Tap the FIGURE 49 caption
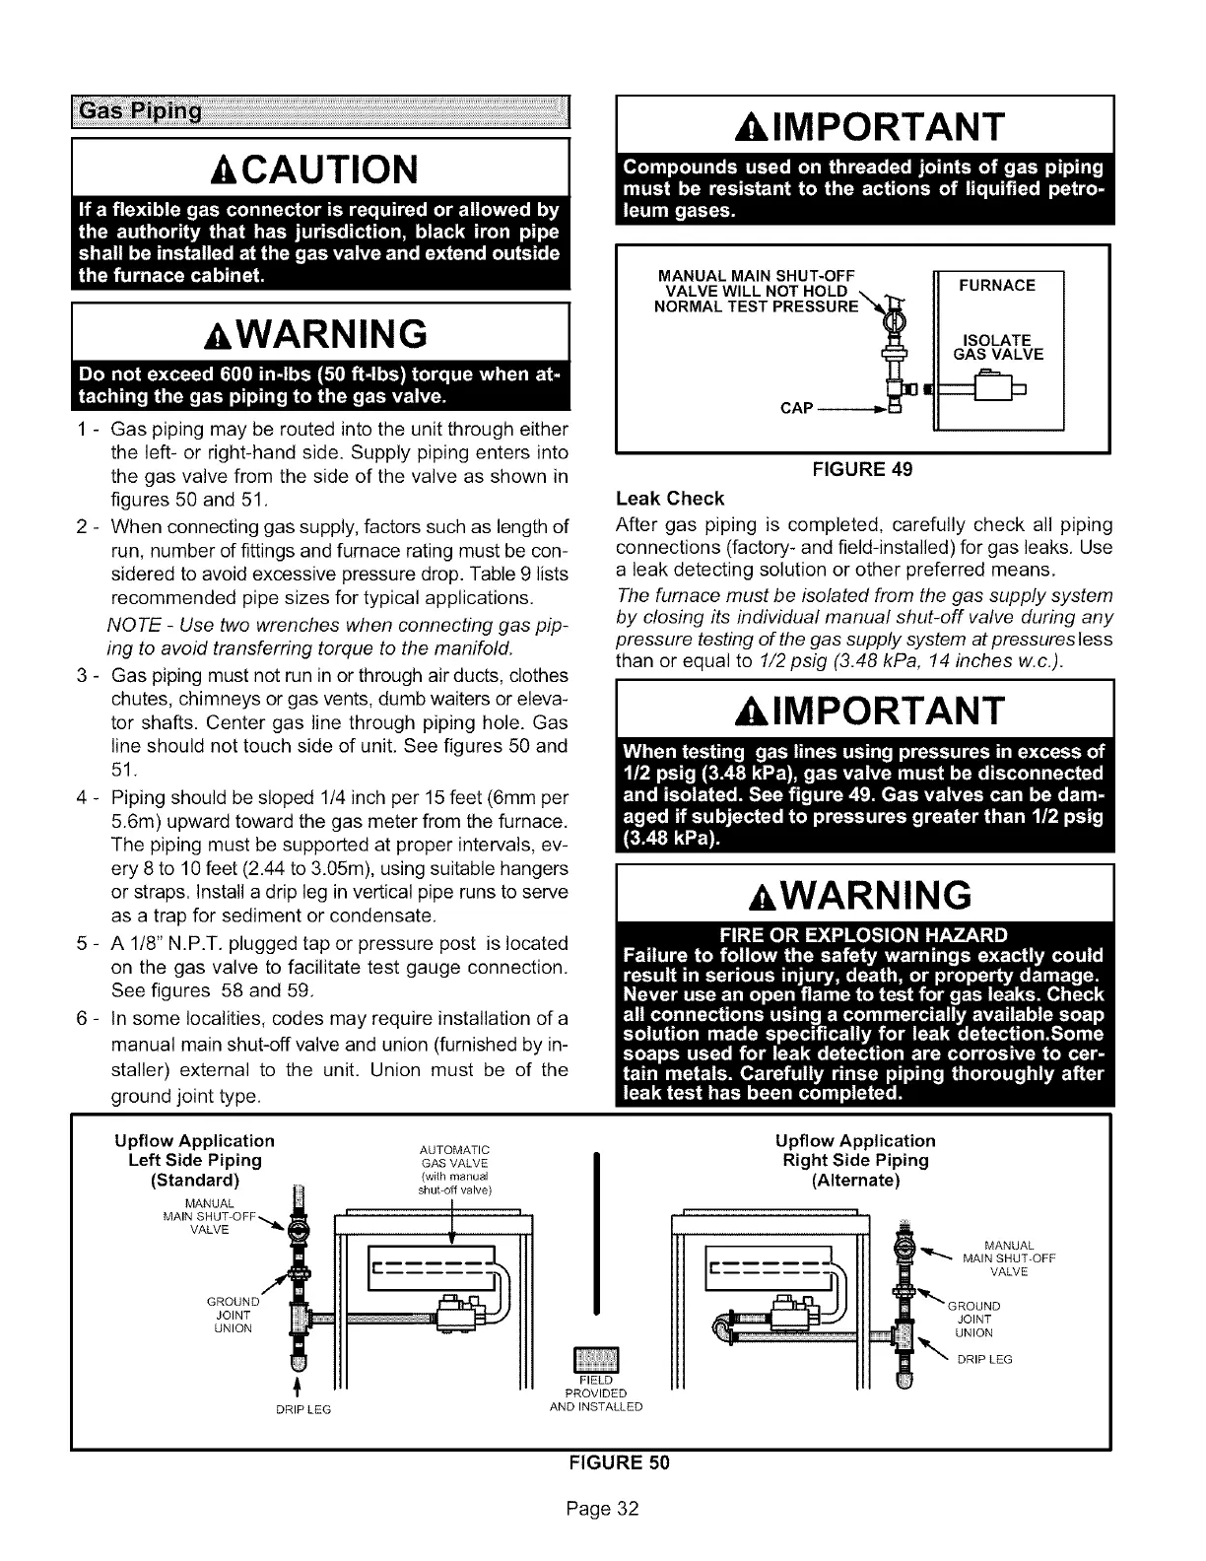tap(862, 469)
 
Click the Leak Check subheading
tap(669, 498)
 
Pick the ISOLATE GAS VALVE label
tap(998, 348)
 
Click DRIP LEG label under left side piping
tap(302, 1408)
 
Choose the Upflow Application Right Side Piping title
tap(855, 1160)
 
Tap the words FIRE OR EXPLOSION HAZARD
tap(863, 935)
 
